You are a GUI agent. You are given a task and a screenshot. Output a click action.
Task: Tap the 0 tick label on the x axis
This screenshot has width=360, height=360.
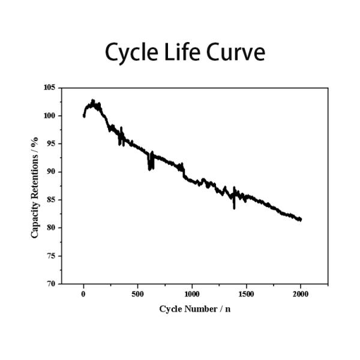tap(83, 294)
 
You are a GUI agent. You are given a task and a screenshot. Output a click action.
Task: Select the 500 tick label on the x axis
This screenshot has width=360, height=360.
tap(137, 294)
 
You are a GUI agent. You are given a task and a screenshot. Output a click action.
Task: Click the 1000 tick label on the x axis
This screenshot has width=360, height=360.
tap(192, 294)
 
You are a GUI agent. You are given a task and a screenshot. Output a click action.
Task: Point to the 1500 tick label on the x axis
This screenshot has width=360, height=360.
tap(247, 294)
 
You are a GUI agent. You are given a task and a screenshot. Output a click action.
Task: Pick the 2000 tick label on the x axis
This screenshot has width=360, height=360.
tap(301, 294)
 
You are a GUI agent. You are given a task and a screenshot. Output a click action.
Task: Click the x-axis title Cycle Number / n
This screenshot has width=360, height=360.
tap(194, 309)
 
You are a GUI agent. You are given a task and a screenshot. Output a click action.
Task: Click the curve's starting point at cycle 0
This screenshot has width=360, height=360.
tap(84, 115)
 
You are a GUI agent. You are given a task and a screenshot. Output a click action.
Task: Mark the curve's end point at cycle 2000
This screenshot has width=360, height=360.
tap(300, 220)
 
